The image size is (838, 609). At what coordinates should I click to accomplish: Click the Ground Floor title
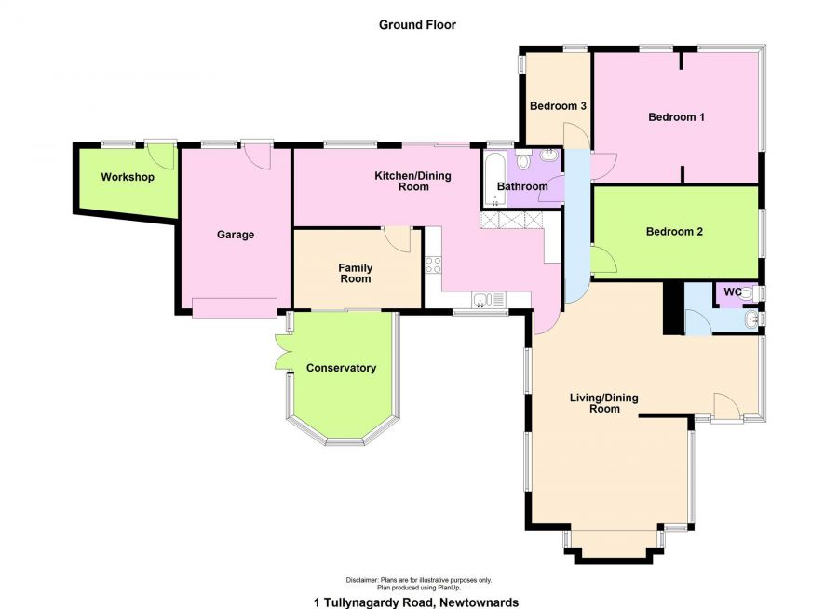pos(417,24)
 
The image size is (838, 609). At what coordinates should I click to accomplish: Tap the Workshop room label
pos(128,177)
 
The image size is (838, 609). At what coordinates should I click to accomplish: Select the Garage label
pos(236,235)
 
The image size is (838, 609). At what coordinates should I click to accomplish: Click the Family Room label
pos(356,273)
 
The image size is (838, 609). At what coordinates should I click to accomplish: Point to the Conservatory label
pos(341,368)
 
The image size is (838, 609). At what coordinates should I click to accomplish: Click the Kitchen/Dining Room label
pos(413,181)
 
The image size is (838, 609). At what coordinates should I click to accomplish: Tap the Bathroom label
pos(522,186)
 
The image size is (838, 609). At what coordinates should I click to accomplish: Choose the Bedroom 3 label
pos(558,106)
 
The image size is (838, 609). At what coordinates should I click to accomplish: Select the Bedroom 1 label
pos(676,116)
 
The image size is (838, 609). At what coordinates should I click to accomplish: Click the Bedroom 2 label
pos(674,232)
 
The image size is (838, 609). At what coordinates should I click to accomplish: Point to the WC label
pos(732,292)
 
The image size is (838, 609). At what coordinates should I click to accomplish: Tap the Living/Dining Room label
pos(604,403)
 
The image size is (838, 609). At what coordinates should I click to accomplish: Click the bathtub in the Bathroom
pos(494,180)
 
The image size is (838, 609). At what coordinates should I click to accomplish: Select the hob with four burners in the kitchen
pos(433,264)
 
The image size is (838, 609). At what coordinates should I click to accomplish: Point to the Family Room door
pos(397,239)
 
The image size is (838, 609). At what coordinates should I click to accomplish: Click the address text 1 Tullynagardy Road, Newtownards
pos(416,602)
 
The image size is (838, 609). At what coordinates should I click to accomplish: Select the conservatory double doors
pos(283,352)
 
